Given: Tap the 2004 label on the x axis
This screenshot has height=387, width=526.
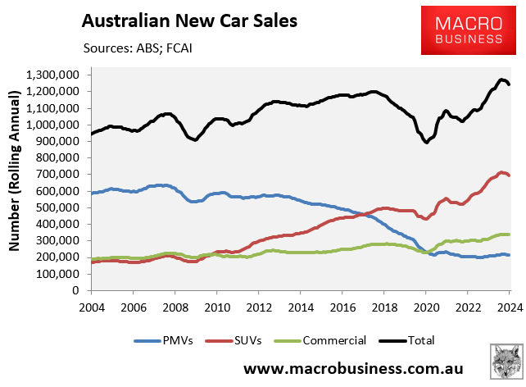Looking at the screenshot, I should point(90,307).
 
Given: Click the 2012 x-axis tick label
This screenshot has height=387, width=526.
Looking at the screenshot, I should point(258,307).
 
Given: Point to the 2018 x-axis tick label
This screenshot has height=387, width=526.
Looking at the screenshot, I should point(383,307).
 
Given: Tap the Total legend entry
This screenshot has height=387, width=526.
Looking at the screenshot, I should point(419,339).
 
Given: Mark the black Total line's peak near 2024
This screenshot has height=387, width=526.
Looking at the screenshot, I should point(501,80).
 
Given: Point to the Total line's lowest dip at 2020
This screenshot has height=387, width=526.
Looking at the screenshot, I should point(426,142).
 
